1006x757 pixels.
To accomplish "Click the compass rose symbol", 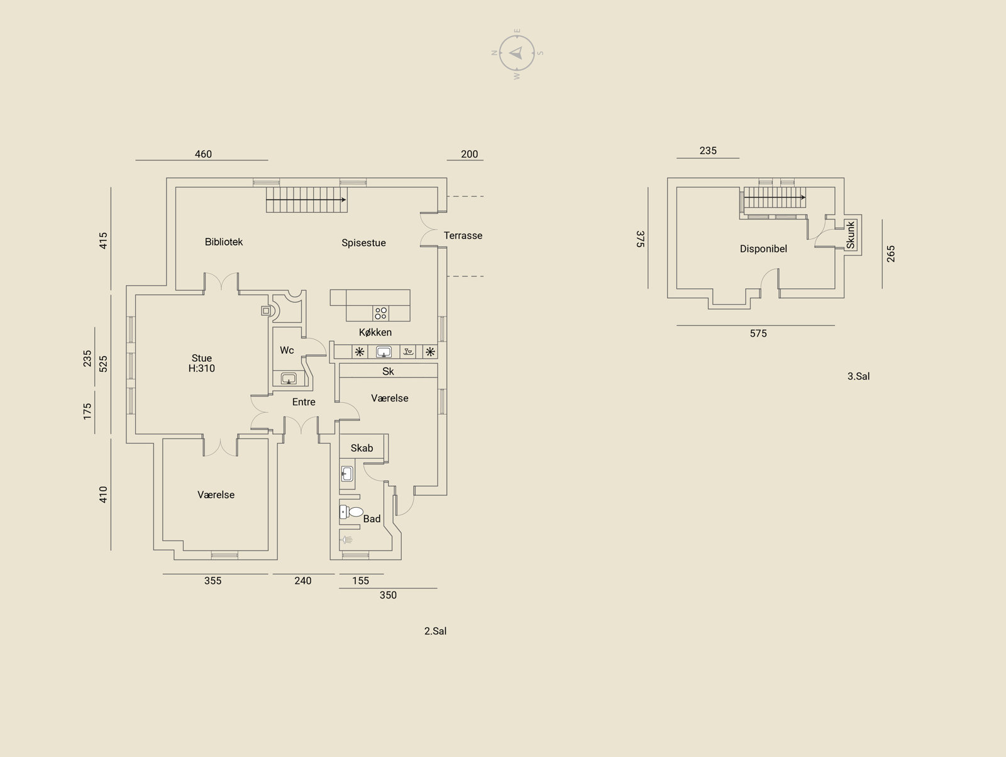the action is [x=517, y=53].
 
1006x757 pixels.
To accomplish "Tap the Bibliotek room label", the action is [x=224, y=242].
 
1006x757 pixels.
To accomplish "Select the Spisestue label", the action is [x=363, y=243].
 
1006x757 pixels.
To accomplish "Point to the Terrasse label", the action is [x=463, y=236].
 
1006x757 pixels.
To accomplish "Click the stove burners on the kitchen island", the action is [x=381, y=313].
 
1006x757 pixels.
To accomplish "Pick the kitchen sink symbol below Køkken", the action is [x=384, y=352].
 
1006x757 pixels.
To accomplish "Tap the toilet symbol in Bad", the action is [x=351, y=512].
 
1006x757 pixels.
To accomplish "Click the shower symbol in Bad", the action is [x=346, y=540].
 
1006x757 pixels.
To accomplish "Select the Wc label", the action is [x=287, y=350].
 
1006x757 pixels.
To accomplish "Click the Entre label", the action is [x=304, y=402].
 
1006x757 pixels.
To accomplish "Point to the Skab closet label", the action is [x=362, y=448].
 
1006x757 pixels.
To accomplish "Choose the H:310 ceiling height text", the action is [x=202, y=368].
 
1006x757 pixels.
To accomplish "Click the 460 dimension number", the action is [x=204, y=154].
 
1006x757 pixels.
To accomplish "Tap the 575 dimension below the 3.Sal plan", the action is [x=758, y=334].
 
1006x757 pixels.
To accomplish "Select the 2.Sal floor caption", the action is [x=435, y=631].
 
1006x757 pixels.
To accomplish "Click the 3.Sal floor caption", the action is [x=858, y=376].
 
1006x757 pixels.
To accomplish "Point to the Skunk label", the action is [x=851, y=235].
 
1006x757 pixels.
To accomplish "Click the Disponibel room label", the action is [x=763, y=249].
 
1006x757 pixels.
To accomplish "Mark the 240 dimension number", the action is [x=303, y=581].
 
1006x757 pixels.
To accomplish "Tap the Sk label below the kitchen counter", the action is [x=388, y=371].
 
